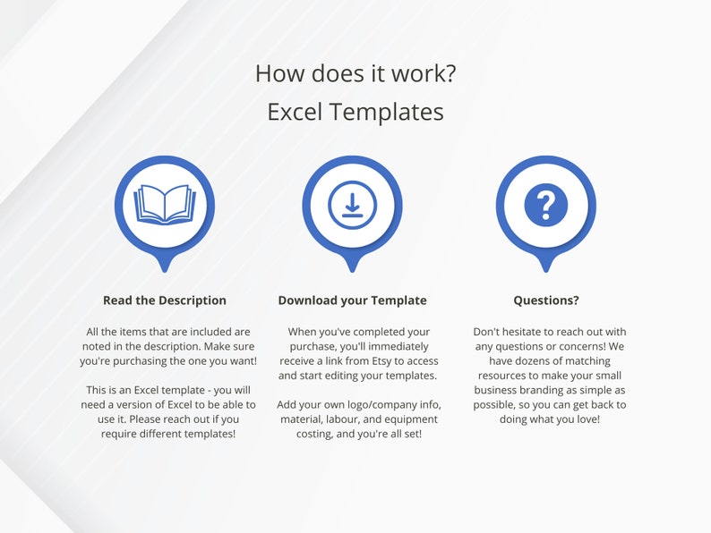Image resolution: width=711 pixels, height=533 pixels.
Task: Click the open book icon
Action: tap(164, 205)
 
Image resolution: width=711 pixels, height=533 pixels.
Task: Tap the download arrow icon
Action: tap(352, 205)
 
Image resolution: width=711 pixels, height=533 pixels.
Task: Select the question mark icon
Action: tap(545, 205)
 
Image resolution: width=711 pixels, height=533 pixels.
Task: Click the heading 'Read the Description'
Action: tap(165, 300)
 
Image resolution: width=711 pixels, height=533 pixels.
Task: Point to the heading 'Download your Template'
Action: tap(352, 300)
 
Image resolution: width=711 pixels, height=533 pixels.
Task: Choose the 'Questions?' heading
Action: tap(545, 300)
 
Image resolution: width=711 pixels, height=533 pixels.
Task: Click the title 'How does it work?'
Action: tap(355, 72)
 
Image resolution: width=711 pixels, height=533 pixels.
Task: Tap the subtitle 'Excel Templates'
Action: tap(355, 112)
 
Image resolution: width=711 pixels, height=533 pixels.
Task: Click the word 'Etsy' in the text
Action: tap(373, 360)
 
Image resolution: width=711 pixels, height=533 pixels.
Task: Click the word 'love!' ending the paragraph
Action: tap(585, 419)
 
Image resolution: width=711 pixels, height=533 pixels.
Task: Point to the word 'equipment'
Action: tap(409, 419)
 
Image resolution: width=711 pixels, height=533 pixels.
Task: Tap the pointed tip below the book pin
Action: tap(165, 267)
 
